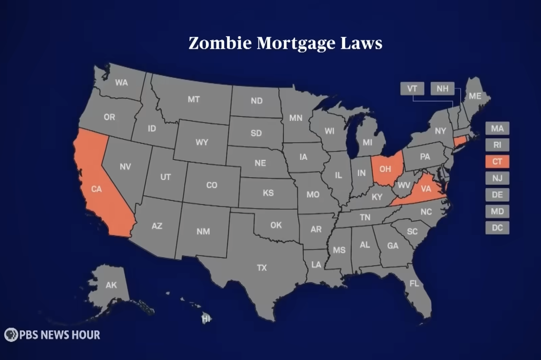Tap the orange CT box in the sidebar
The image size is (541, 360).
(497, 161)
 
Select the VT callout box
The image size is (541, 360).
(411, 89)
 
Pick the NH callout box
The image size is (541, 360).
(442, 89)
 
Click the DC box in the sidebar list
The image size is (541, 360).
(497, 228)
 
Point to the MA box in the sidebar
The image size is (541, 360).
(497, 128)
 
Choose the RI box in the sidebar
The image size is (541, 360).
(497, 145)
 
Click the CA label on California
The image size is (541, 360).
(96, 189)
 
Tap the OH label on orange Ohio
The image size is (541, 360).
(385, 169)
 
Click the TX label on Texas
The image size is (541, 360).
(262, 268)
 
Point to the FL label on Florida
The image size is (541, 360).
(414, 284)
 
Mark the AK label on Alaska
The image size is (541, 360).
(111, 285)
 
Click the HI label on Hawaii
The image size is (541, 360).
(206, 318)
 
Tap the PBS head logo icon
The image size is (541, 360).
(11, 335)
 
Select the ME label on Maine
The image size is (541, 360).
(475, 96)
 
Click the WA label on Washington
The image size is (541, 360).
(122, 83)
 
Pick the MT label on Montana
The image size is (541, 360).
(194, 99)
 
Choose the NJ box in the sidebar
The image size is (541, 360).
(497, 178)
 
